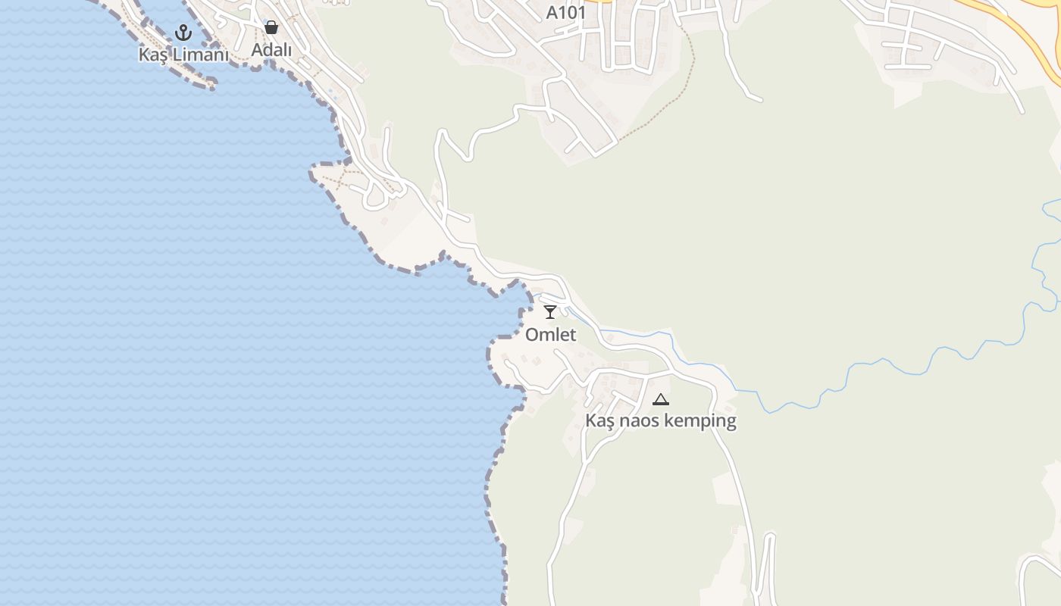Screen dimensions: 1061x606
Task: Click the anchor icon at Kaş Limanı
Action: coord(183,33)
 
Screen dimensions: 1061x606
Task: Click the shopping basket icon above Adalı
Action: coord(271,28)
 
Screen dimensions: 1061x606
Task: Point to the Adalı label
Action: coord(271,50)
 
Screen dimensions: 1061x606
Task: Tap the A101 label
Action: coord(566,13)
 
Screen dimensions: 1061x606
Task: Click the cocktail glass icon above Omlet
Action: coord(551,311)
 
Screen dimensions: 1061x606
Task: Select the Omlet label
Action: coord(551,335)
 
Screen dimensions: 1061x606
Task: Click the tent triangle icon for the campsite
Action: coord(661,399)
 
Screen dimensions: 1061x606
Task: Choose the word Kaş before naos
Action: coord(599,421)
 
